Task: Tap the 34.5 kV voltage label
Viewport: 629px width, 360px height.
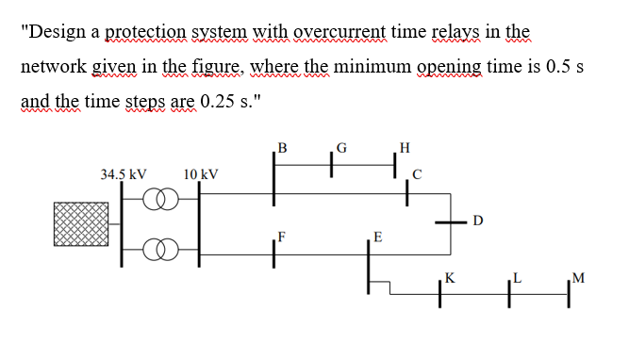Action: point(123,174)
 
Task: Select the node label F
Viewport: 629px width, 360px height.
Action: point(282,236)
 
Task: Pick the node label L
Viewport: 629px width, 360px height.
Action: point(517,278)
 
